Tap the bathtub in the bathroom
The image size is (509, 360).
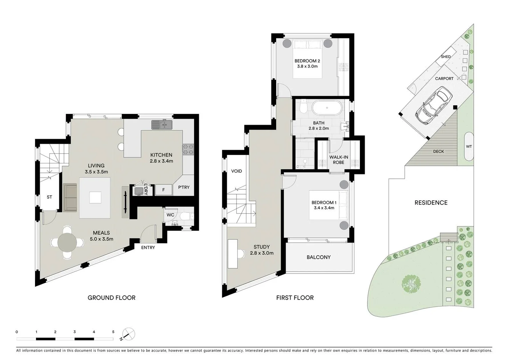click(x=327, y=108)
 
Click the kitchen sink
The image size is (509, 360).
click(x=162, y=125)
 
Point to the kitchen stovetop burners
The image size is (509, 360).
click(x=188, y=149)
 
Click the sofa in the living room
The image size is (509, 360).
click(x=70, y=197)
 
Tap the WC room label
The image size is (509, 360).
click(x=170, y=215)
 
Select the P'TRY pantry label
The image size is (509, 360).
click(x=184, y=187)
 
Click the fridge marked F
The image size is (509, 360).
click(x=163, y=190)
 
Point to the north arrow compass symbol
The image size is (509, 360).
click(x=128, y=334)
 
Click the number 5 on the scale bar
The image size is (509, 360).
click(x=113, y=332)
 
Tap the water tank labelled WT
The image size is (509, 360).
click(x=469, y=147)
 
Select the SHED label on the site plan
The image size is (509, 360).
click(x=446, y=57)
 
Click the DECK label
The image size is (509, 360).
click(x=438, y=151)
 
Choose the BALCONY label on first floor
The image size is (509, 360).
click(x=318, y=257)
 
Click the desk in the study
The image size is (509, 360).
click(x=233, y=254)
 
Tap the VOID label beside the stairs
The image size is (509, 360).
click(x=237, y=171)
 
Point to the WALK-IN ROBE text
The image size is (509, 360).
click(x=338, y=160)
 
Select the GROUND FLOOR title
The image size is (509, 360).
click(x=111, y=298)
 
